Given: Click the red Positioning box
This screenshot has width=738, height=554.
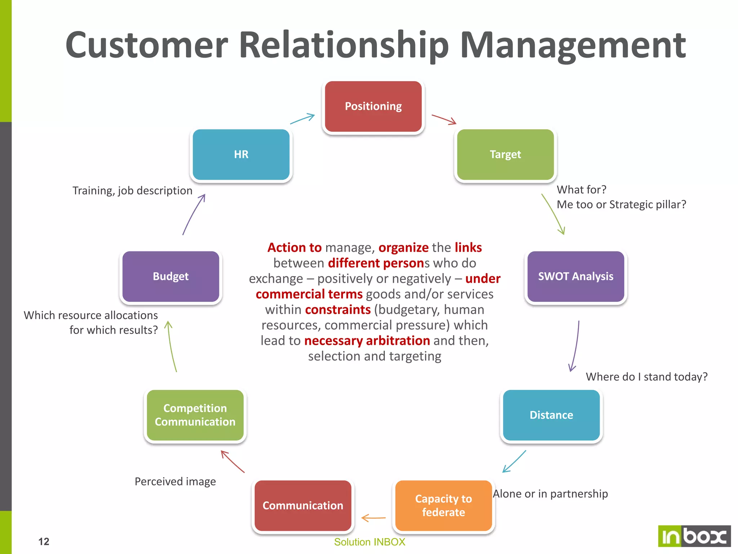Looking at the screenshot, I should pyautogui.click(x=373, y=106).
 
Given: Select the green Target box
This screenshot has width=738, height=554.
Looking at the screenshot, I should pyautogui.click(x=505, y=154).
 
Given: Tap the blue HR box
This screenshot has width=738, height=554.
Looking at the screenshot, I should pyautogui.click(x=241, y=154).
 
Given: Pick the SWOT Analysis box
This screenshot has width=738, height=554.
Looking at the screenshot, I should pyautogui.click(x=575, y=276).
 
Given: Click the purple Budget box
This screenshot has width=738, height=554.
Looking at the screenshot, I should pyautogui.click(x=170, y=276).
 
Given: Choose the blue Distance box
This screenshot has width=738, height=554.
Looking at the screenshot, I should pyautogui.click(x=551, y=415).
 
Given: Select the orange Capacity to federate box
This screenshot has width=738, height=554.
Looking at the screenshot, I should pyautogui.click(x=443, y=505).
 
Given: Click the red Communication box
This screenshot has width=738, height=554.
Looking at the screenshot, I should pyautogui.click(x=303, y=505).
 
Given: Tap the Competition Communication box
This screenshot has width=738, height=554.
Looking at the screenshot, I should pyautogui.click(x=195, y=415).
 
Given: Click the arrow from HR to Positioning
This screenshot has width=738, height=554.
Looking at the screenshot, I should pyautogui.click(x=302, y=119).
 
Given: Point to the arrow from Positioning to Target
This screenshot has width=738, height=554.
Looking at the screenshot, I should pyautogui.click(x=444, y=120).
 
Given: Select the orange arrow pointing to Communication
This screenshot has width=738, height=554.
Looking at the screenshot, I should pyautogui.click(x=373, y=518).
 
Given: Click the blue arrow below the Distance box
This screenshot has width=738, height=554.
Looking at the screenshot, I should pyautogui.click(x=514, y=461).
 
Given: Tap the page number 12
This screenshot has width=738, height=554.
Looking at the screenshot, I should pyautogui.click(x=44, y=541).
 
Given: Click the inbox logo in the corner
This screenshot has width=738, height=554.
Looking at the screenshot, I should pyautogui.click(x=694, y=536).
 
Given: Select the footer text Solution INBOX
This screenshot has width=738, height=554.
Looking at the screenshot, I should pyautogui.click(x=369, y=542).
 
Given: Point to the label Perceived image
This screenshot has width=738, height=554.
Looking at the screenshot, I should pyautogui.click(x=175, y=482).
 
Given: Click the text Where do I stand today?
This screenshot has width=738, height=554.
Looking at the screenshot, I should pyautogui.click(x=646, y=377).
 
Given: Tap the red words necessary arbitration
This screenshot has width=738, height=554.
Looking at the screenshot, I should pyautogui.click(x=367, y=340).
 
